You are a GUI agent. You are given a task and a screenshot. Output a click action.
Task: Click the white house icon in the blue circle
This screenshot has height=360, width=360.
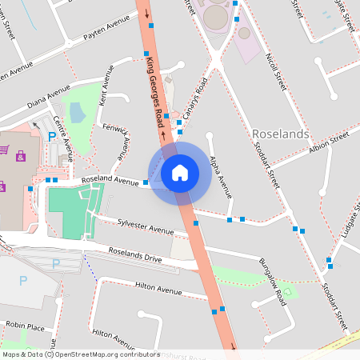180,172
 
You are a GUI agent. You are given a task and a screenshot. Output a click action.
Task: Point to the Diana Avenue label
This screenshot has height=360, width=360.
50,99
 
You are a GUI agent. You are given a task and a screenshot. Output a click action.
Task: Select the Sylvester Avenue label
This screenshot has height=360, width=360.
146,227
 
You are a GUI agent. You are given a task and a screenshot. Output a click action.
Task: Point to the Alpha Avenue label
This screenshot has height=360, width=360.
220,177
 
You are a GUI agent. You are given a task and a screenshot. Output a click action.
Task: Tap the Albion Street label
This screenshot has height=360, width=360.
330,144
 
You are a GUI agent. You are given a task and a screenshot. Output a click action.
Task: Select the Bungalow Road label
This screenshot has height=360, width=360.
272,282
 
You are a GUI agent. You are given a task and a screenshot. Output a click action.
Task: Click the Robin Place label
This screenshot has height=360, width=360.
25,326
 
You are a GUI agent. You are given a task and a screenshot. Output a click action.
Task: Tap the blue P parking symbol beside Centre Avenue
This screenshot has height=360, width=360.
53,138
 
